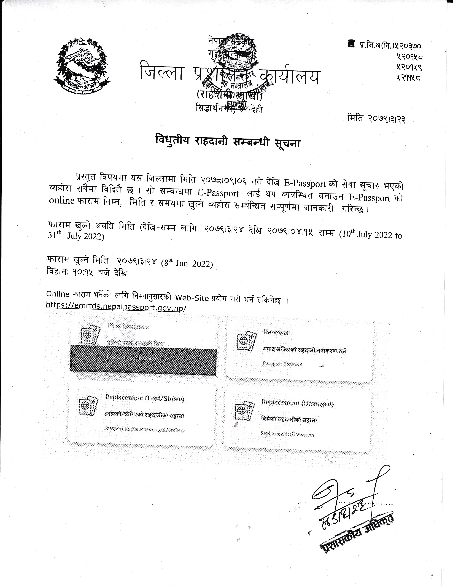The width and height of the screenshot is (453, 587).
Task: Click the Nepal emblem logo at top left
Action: coord(82,67)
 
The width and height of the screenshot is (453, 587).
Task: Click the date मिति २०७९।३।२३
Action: coord(376,118)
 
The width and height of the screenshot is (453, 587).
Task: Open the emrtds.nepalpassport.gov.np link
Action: coord(116,307)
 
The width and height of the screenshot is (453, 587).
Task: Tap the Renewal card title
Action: coord(276,332)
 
